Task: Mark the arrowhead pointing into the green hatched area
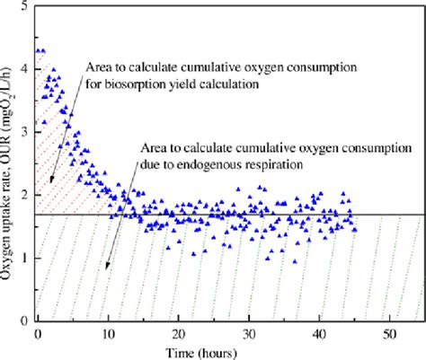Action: tap(108, 267)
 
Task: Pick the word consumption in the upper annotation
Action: tap(287, 67)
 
